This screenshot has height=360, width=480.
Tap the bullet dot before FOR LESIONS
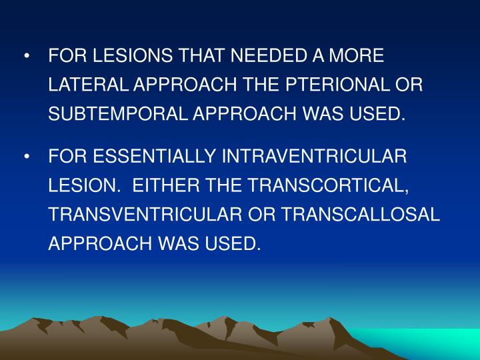pos(26,57)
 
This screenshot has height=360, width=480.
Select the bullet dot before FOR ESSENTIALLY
pos(26,157)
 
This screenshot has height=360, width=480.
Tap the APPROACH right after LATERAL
pos(176,85)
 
